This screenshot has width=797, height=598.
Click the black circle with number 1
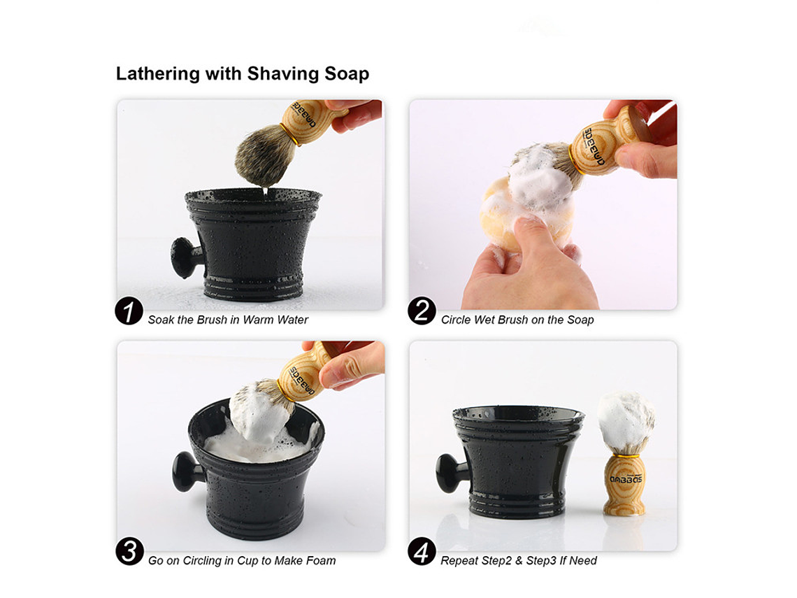[129, 311]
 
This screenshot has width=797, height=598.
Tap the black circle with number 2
[422, 311]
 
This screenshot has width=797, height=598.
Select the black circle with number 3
[129, 551]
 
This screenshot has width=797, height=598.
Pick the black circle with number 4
[422, 551]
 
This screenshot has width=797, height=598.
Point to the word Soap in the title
[347, 74]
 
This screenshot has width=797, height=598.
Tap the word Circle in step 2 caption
[456, 320]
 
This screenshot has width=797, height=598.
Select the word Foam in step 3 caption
[321, 560]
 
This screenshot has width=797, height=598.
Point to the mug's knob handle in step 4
[452, 474]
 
